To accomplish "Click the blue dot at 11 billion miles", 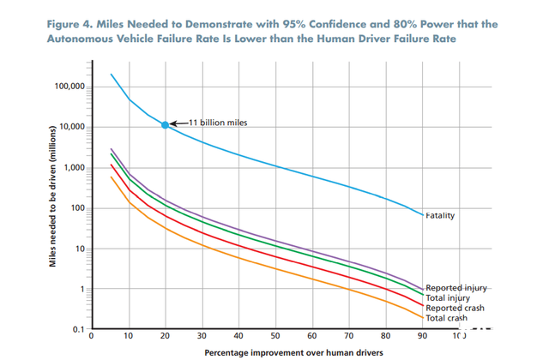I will click(165, 125).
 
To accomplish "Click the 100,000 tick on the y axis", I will click(69, 87).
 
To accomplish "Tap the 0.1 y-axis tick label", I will click(77, 330).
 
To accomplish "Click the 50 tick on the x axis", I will click(274, 336).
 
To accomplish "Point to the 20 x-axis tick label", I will click(165, 336).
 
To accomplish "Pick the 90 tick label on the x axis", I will click(422, 336).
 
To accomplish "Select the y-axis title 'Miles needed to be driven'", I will click(53, 206).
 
